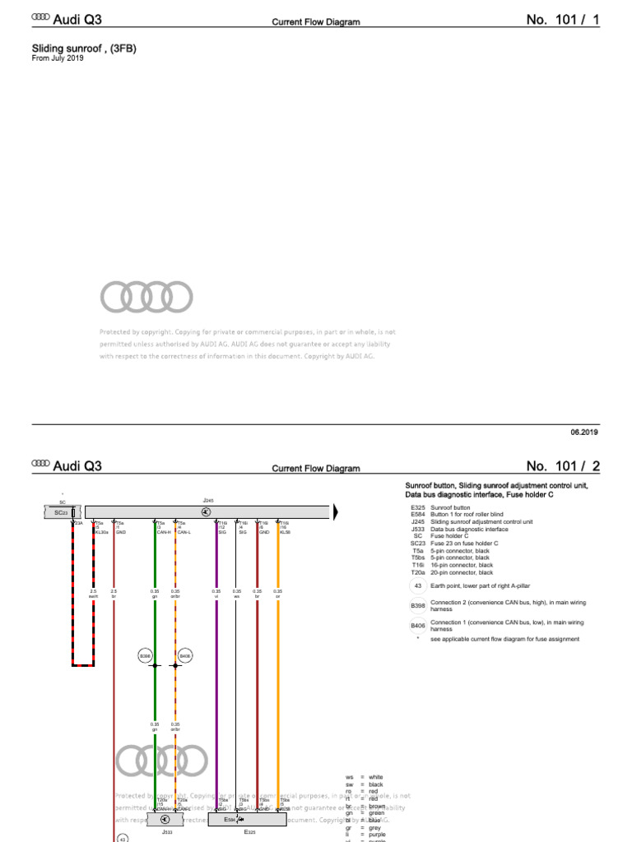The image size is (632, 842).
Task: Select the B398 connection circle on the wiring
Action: [x=145, y=655]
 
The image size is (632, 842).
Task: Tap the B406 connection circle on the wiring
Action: [x=185, y=655]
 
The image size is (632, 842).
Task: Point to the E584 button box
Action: [x=234, y=819]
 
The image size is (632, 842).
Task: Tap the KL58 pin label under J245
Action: [x=285, y=532]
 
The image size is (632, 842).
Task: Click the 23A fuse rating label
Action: [x=78, y=523]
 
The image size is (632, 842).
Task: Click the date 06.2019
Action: [x=583, y=432]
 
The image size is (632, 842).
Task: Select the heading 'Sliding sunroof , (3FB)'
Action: [x=83, y=49]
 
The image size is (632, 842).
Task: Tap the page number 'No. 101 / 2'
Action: [x=560, y=467]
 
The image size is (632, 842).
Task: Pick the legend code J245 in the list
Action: [x=417, y=522]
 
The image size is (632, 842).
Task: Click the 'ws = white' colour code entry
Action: [x=365, y=777]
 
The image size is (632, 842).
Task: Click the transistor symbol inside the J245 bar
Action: [x=206, y=511]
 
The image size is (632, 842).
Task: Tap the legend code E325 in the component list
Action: [x=417, y=508]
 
